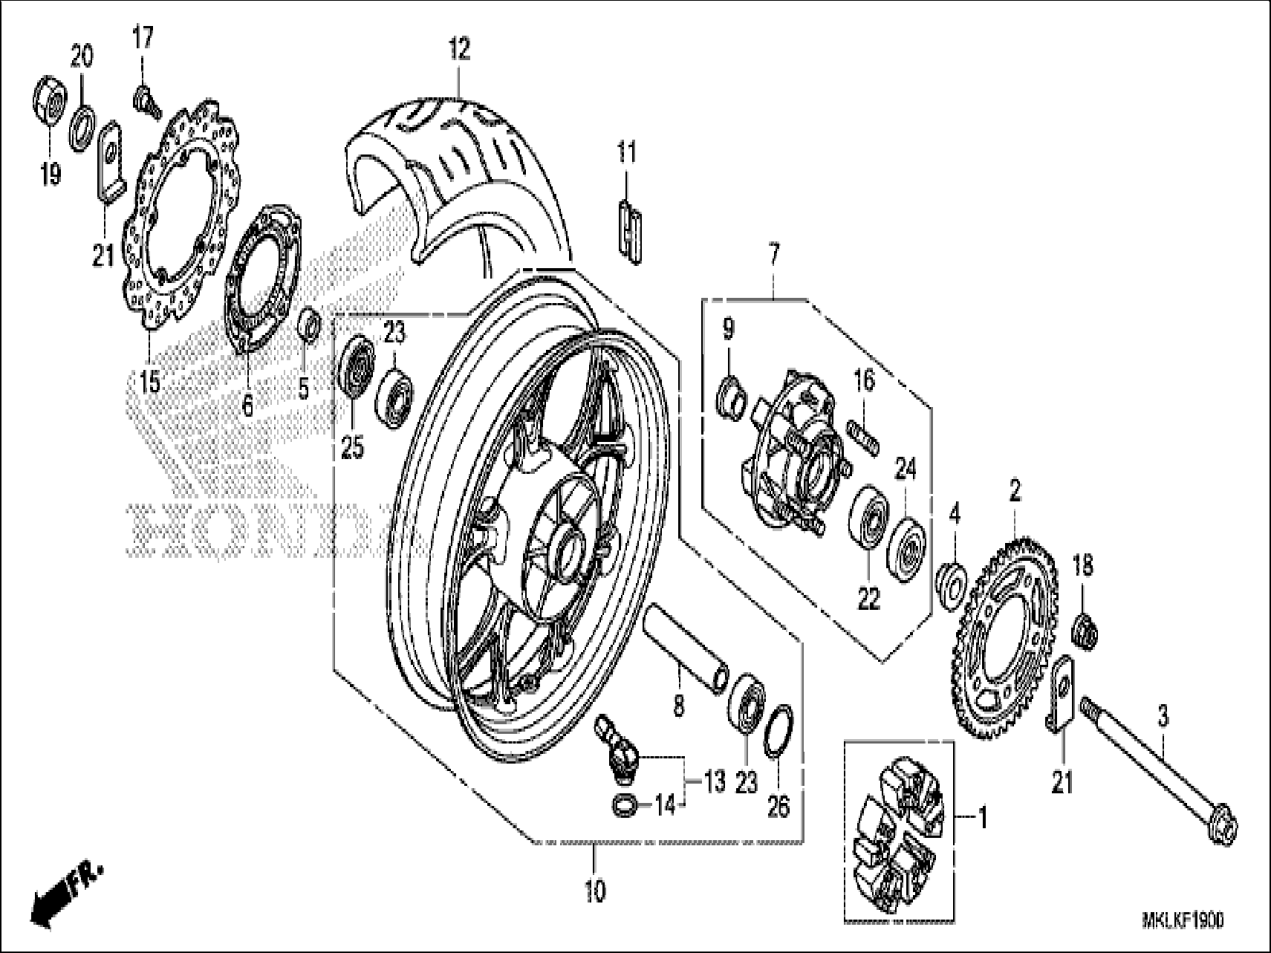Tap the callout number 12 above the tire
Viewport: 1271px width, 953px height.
pyautogui.click(x=459, y=50)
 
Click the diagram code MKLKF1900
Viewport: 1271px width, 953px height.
pyautogui.click(x=1182, y=920)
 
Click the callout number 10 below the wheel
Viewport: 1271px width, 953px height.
pyautogui.click(x=595, y=891)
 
